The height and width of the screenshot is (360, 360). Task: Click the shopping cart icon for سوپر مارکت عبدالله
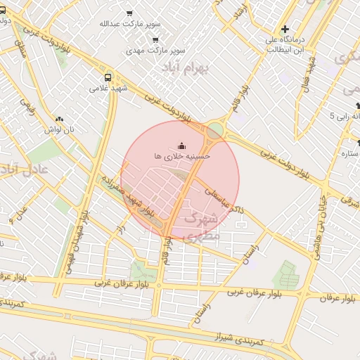[129, 13]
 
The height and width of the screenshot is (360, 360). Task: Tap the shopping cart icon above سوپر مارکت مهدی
[155, 40]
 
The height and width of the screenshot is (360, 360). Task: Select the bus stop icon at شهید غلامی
[108, 77]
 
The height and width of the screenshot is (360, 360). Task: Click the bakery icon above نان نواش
[59, 120]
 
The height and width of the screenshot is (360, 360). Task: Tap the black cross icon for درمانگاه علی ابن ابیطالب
[284, 30]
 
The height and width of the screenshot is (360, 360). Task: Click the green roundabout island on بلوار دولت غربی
[215, 131]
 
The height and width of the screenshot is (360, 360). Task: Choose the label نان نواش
[59, 130]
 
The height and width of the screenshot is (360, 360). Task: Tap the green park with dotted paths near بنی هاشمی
[285, 274]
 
